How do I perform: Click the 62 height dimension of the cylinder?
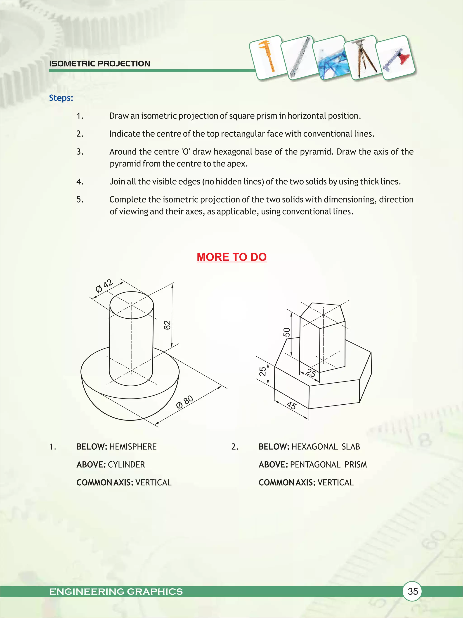pos(167,325)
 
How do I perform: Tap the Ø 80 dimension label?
pos(185,402)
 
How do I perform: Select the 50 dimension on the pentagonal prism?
pos(287,332)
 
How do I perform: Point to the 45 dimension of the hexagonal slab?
pos(291,405)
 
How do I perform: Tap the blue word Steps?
pos(61,98)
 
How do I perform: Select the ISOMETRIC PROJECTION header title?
pos(100,64)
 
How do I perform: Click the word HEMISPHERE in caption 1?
pos(133,447)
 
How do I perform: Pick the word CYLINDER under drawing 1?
pos(126,465)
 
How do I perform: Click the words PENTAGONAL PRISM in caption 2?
pos(328,465)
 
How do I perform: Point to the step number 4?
pos(80,182)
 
